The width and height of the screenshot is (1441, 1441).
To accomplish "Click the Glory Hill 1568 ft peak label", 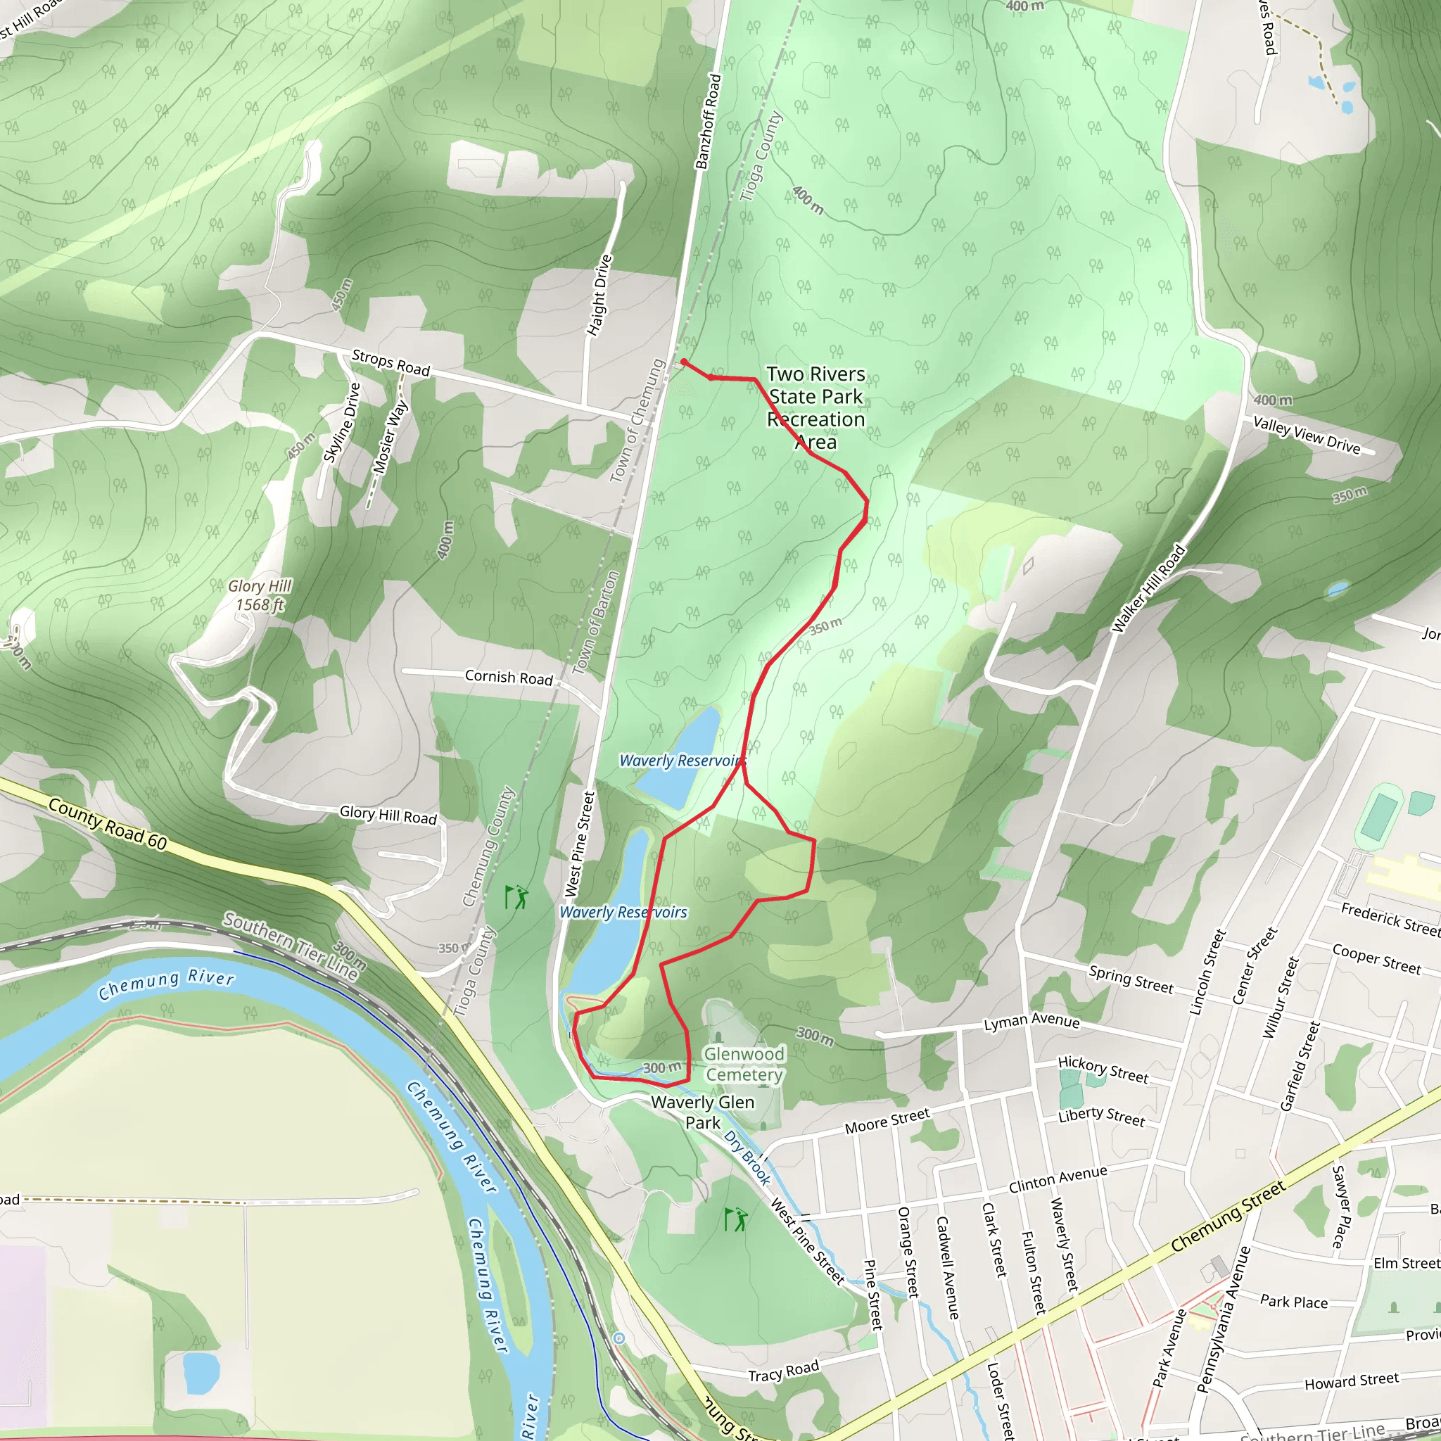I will tap(260, 595).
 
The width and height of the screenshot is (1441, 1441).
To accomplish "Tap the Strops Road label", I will tap(391, 363).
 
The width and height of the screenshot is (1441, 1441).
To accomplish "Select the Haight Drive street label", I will tap(599, 296).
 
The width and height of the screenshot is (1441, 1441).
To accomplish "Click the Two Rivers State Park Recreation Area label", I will tap(816, 408).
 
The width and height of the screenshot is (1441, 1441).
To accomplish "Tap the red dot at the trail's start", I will tap(683, 362).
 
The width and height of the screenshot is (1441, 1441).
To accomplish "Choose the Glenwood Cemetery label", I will tap(744, 1065).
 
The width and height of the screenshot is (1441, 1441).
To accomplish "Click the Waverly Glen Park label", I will tap(703, 1112).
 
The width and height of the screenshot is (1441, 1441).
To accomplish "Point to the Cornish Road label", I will tap(509, 678).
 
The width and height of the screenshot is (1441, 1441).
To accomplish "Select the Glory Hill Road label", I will tap(388, 815).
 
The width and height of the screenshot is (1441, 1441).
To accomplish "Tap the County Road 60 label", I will tap(108, 824).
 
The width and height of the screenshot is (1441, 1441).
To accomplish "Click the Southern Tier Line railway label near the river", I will tap(291, 946).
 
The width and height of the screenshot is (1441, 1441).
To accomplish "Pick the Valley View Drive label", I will tap(1307, 435).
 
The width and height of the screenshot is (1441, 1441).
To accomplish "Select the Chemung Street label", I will tap(1228, 1217).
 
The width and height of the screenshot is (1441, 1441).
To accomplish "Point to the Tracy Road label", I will tap(783, 1371).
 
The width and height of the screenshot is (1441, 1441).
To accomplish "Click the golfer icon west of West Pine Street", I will tap(516, 897).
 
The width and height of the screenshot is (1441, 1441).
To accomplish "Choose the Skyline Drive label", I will tap(343, 422).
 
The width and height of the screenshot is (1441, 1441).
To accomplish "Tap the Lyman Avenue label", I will tap(1031, 1022).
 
